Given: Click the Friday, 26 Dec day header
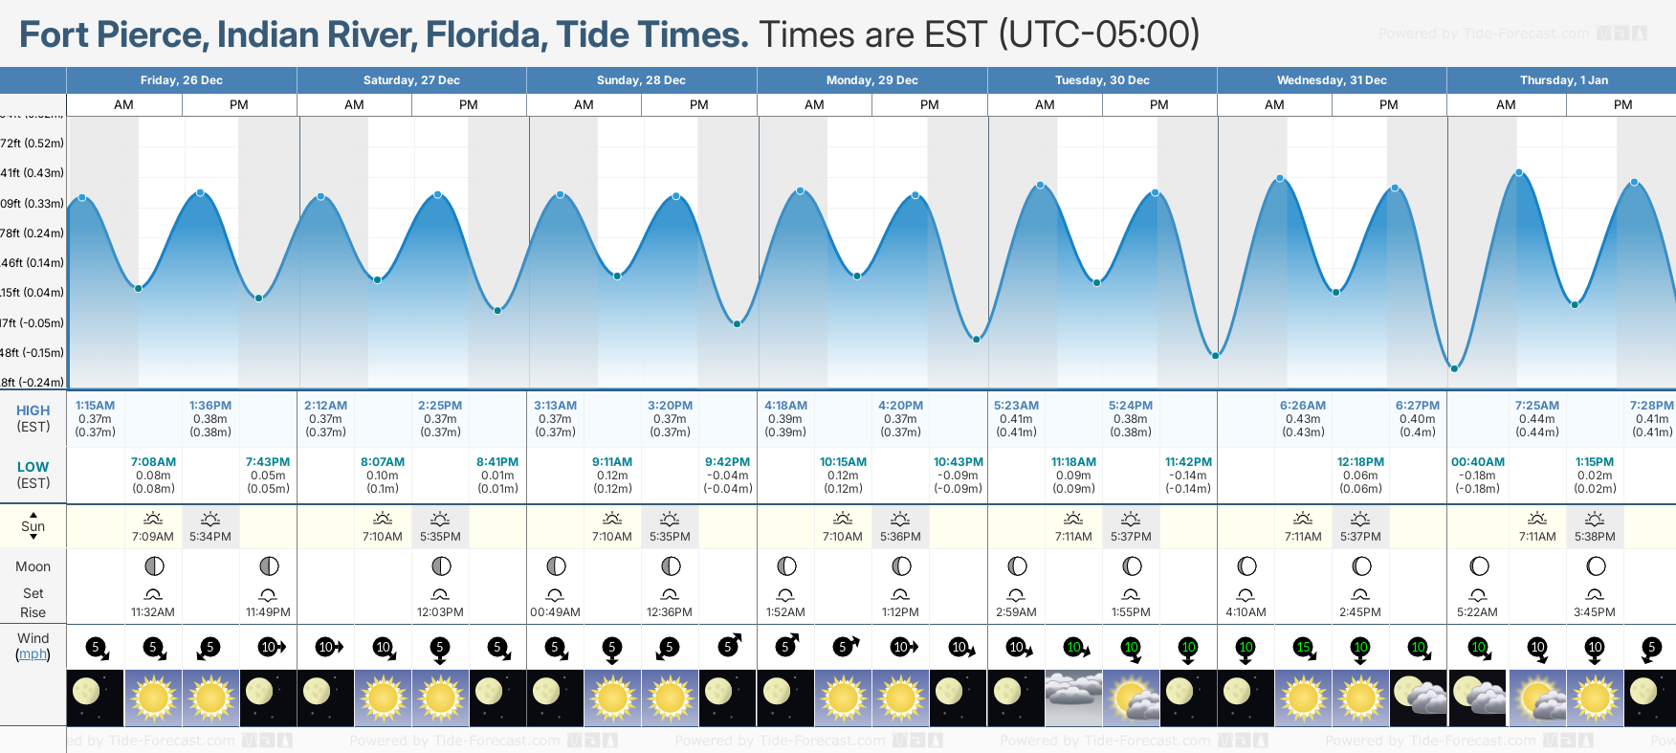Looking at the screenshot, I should point(181,80).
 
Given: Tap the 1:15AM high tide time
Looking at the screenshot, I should point(95,406).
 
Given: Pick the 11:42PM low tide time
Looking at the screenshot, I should point(1188,462).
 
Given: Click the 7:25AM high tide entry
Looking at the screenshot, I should point(1536,406).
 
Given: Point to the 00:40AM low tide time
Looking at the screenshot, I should point(1477,462).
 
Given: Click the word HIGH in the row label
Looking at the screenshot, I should point(33,410).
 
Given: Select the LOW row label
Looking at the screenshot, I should point(33,467).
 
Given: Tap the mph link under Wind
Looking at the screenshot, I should point(33,654).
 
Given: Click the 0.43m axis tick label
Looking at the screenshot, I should point(33,173).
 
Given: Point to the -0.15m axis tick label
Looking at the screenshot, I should point(33,352).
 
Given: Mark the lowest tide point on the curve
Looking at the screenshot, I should point(1454,367).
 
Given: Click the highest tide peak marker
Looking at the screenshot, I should point(1518,173).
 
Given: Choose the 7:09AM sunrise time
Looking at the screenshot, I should point(153,537).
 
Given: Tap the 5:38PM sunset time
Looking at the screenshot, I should point(1595,537).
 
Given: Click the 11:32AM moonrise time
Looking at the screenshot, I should point(153,612).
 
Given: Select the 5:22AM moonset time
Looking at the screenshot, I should point(1477,612).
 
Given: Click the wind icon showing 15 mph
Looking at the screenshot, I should point(1303,648).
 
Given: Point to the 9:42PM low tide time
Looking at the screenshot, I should point(727,462).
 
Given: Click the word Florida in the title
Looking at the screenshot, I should point(487,35).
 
